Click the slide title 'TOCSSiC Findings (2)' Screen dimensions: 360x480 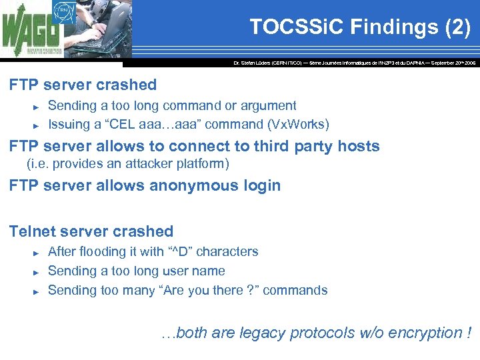point(360,27)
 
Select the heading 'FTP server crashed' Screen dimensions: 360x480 point(83,85)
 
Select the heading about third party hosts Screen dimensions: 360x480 point(194,146)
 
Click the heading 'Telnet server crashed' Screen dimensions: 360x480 point(91,231)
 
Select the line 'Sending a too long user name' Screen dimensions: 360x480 point(136,271)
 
